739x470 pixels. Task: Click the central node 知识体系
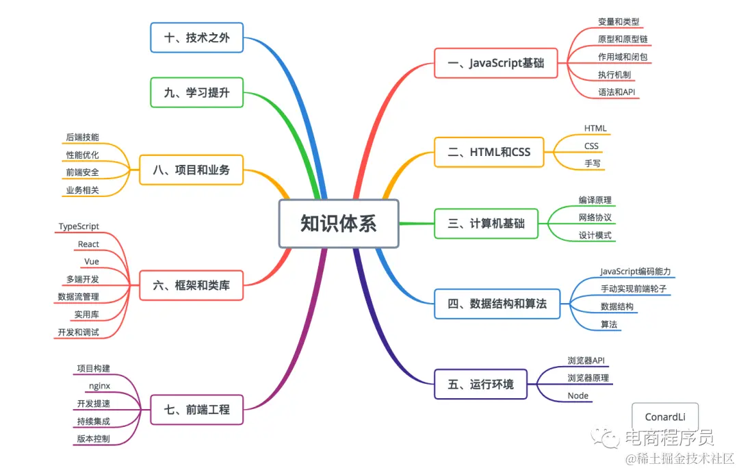[339, 223]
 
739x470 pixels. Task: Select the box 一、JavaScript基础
[496, 63]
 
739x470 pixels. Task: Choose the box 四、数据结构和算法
[497, 303]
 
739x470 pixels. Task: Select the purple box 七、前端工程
[196, 410]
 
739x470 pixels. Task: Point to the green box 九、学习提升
[196, 92]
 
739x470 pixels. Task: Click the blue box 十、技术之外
[196, 38]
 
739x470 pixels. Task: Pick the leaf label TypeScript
[79, 226]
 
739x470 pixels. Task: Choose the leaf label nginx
[99, 386]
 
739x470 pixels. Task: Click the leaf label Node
[578, 396]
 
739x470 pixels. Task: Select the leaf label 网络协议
[595, 218]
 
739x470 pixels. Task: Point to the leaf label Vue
[92, 261]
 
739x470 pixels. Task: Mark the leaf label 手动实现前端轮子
[633, 289]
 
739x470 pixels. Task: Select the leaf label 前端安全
[83, 172]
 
